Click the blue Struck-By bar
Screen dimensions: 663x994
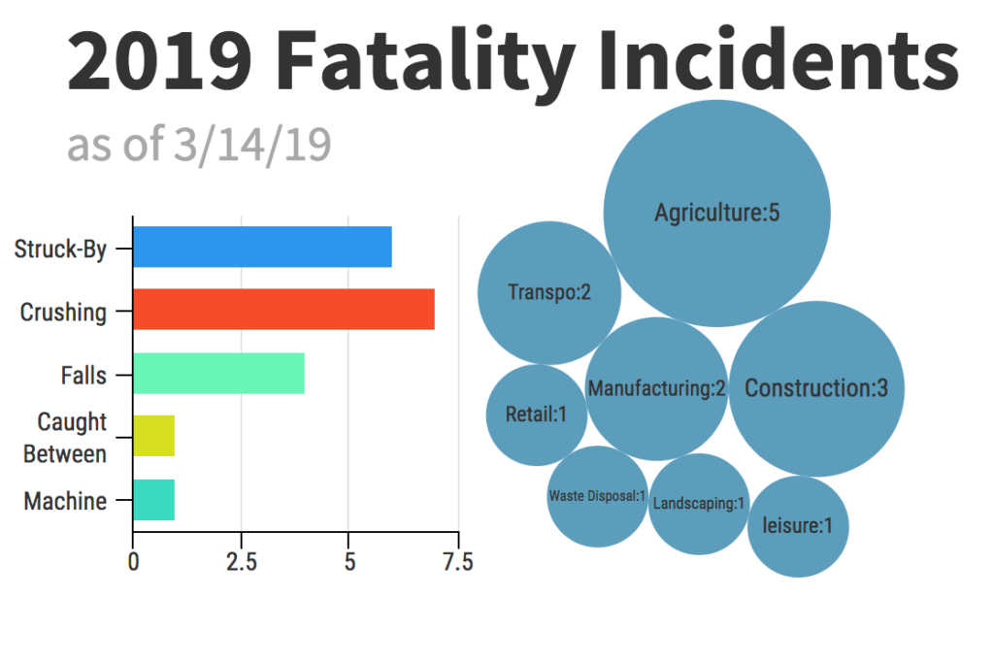tap(262, 247)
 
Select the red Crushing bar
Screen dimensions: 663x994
tap(283, 310)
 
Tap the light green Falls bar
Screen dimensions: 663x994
tap(218, 374)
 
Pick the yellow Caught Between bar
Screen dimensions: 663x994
tap(153, 436)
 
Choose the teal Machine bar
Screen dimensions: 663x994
tap(153, 500)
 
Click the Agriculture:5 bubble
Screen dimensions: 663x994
tap(716, 214)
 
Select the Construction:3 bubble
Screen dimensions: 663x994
tap(815, 388)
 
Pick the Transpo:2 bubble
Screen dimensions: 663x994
tap(549, 292)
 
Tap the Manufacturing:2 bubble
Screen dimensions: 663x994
tap(656, 389)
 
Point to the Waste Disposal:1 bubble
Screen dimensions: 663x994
tap(597, 496)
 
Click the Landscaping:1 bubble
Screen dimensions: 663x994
tap(698, 504)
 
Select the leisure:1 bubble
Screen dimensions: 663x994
tap(797, 527)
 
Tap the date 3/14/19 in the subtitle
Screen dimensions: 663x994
tap(253, 146)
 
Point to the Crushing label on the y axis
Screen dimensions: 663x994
tap(63, 313)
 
